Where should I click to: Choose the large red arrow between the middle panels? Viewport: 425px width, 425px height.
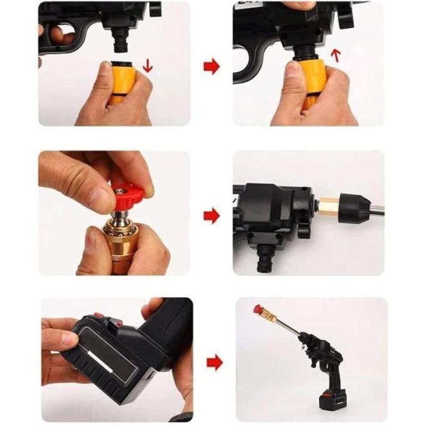coord(211,216)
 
